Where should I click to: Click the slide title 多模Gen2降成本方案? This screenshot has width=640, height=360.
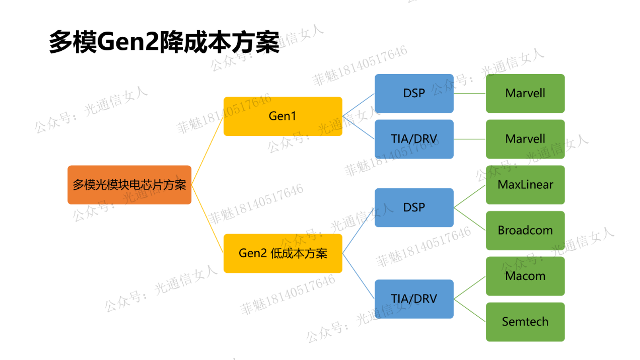pos(164,42)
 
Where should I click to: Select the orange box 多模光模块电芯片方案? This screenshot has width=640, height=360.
pos(129,185)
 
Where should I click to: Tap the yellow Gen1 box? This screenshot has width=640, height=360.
pos(282,116)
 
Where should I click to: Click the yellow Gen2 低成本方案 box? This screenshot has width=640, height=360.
pos(282,253)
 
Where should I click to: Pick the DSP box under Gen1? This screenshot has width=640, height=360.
pos(414,93)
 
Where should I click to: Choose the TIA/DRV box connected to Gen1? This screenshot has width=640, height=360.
pos(414,139)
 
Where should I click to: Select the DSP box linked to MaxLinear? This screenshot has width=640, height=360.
pos(414,207)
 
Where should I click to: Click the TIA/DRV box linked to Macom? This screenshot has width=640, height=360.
pos(414,299)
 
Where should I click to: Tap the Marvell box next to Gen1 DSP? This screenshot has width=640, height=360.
pos(525,93)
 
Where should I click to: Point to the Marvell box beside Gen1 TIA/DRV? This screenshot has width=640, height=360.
pos(525,139)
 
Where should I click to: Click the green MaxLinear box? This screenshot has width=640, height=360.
pos(525,185)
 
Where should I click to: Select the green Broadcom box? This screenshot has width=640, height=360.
pos(525,231)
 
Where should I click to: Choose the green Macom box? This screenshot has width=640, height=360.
pos(525,276)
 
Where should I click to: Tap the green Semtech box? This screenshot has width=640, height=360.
pos(525,322)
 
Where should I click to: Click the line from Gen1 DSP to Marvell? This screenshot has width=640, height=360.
pos(470,93)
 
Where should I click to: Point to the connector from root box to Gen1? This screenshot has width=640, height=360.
pos(207,151)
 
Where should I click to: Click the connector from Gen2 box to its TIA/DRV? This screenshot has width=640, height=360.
pos(359,276)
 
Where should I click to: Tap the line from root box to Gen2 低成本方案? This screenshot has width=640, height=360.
pos(207,219)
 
